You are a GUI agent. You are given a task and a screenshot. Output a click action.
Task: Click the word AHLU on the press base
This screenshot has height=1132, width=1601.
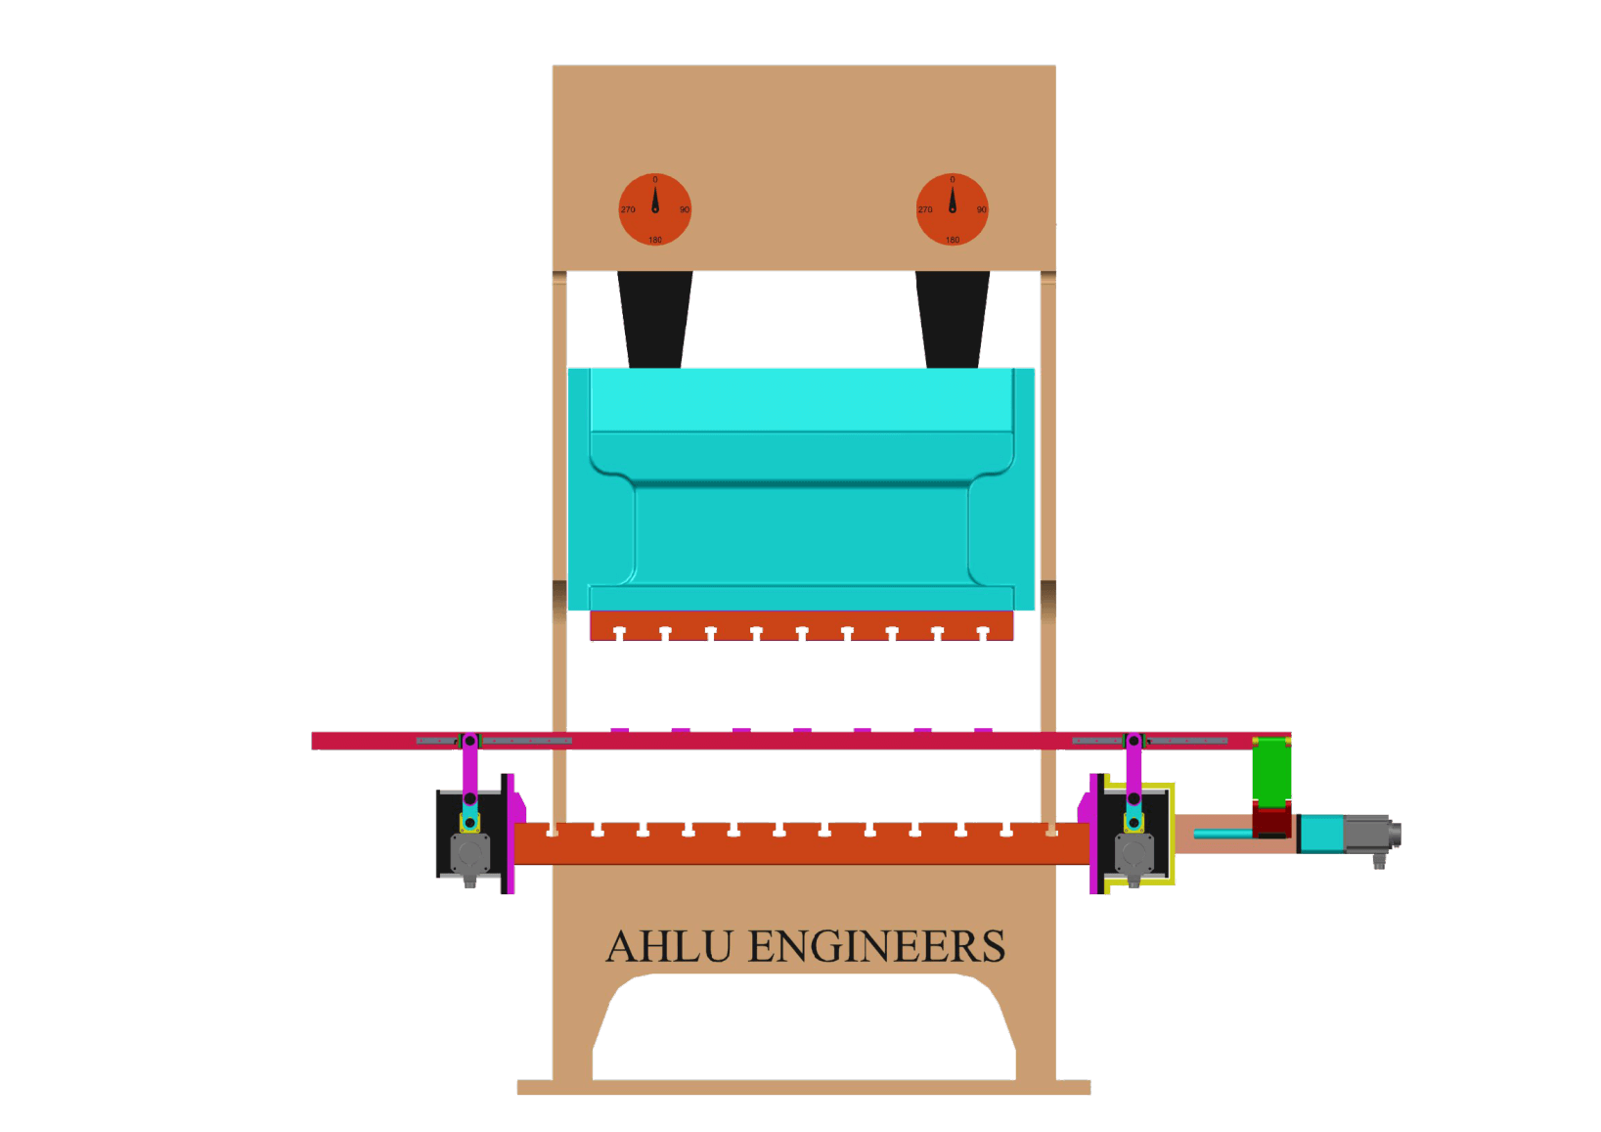point(669,947)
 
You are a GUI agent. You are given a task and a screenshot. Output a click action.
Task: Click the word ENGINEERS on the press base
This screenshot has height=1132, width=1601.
point(876,947)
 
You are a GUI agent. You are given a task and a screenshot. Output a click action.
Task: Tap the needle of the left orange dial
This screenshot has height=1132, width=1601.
point(655,199)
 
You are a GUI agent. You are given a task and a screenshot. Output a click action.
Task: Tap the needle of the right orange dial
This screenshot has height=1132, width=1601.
point(953,199)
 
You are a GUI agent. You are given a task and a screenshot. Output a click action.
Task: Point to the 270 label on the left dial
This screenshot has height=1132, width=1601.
point(628,209)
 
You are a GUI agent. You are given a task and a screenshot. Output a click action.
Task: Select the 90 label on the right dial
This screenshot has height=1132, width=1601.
point(981,209)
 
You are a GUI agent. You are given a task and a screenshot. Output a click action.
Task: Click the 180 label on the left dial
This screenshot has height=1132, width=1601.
point(655,240)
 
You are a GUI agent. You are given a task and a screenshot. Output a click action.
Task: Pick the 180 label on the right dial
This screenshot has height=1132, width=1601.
point(953,240)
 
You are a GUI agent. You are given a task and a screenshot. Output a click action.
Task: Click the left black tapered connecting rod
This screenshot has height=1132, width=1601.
point(655,319)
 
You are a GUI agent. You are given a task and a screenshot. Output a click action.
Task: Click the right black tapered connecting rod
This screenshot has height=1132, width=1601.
point(953,319)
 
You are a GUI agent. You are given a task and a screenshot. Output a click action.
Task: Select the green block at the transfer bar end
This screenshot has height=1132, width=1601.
point(1271,771)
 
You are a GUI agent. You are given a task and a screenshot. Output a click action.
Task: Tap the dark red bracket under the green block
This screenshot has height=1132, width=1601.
point(1271,820)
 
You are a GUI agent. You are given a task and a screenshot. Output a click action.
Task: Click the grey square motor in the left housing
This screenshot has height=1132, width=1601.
point(469,854)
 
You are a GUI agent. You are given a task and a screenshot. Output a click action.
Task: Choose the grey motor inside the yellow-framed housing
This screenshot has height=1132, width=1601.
point(1134,854)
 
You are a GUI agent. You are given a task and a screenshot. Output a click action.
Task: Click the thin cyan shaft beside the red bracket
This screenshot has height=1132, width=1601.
point(1223,834)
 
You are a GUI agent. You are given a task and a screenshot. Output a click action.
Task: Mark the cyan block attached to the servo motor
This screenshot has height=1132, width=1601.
point(1322,835)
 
